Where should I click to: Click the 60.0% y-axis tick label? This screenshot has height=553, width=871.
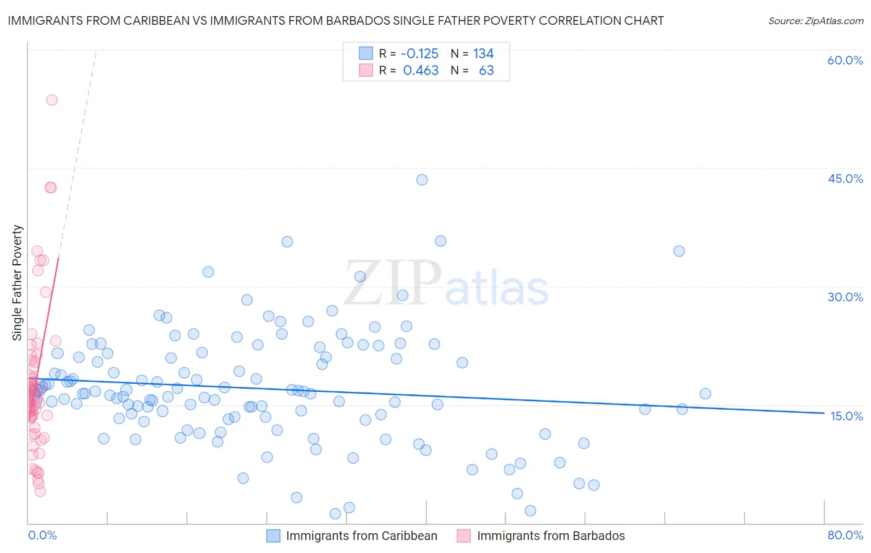(x=845, y=60)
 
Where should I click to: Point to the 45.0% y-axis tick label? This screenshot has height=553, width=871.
(x=845, y=179)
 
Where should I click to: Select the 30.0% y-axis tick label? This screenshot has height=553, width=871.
(x=845, y=297)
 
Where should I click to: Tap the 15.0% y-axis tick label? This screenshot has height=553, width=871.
(x=846, y=415)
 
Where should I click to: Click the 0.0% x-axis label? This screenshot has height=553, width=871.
(x=42, y=535)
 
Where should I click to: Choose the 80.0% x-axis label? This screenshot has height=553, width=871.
(x=845, y=535)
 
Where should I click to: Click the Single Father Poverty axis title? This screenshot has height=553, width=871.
(x=17, y=283)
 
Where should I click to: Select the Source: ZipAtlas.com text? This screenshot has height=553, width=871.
(x=815, y=21)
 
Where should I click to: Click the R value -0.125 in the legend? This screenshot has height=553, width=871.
(x=419, y=53)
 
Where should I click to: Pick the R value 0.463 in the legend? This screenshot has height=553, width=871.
(x=421, y=71)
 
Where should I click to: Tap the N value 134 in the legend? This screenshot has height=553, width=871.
(x=483, y=53)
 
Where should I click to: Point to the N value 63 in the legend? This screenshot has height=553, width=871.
(x=486, y=71)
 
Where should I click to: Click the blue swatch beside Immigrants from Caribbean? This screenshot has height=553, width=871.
(x=274, y=536)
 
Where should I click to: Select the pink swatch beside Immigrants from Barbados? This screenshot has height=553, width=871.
(x=464, y=536)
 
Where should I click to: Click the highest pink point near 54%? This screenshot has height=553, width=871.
(x=52, y=100)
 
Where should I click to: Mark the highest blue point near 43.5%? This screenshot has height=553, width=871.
(x=422, y=180)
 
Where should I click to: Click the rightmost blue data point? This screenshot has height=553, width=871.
(x=705, y=394)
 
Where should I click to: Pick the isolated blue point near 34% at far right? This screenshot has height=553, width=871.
(x=679, y=251)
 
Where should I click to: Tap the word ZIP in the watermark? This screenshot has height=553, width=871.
(x=393, y=283)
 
